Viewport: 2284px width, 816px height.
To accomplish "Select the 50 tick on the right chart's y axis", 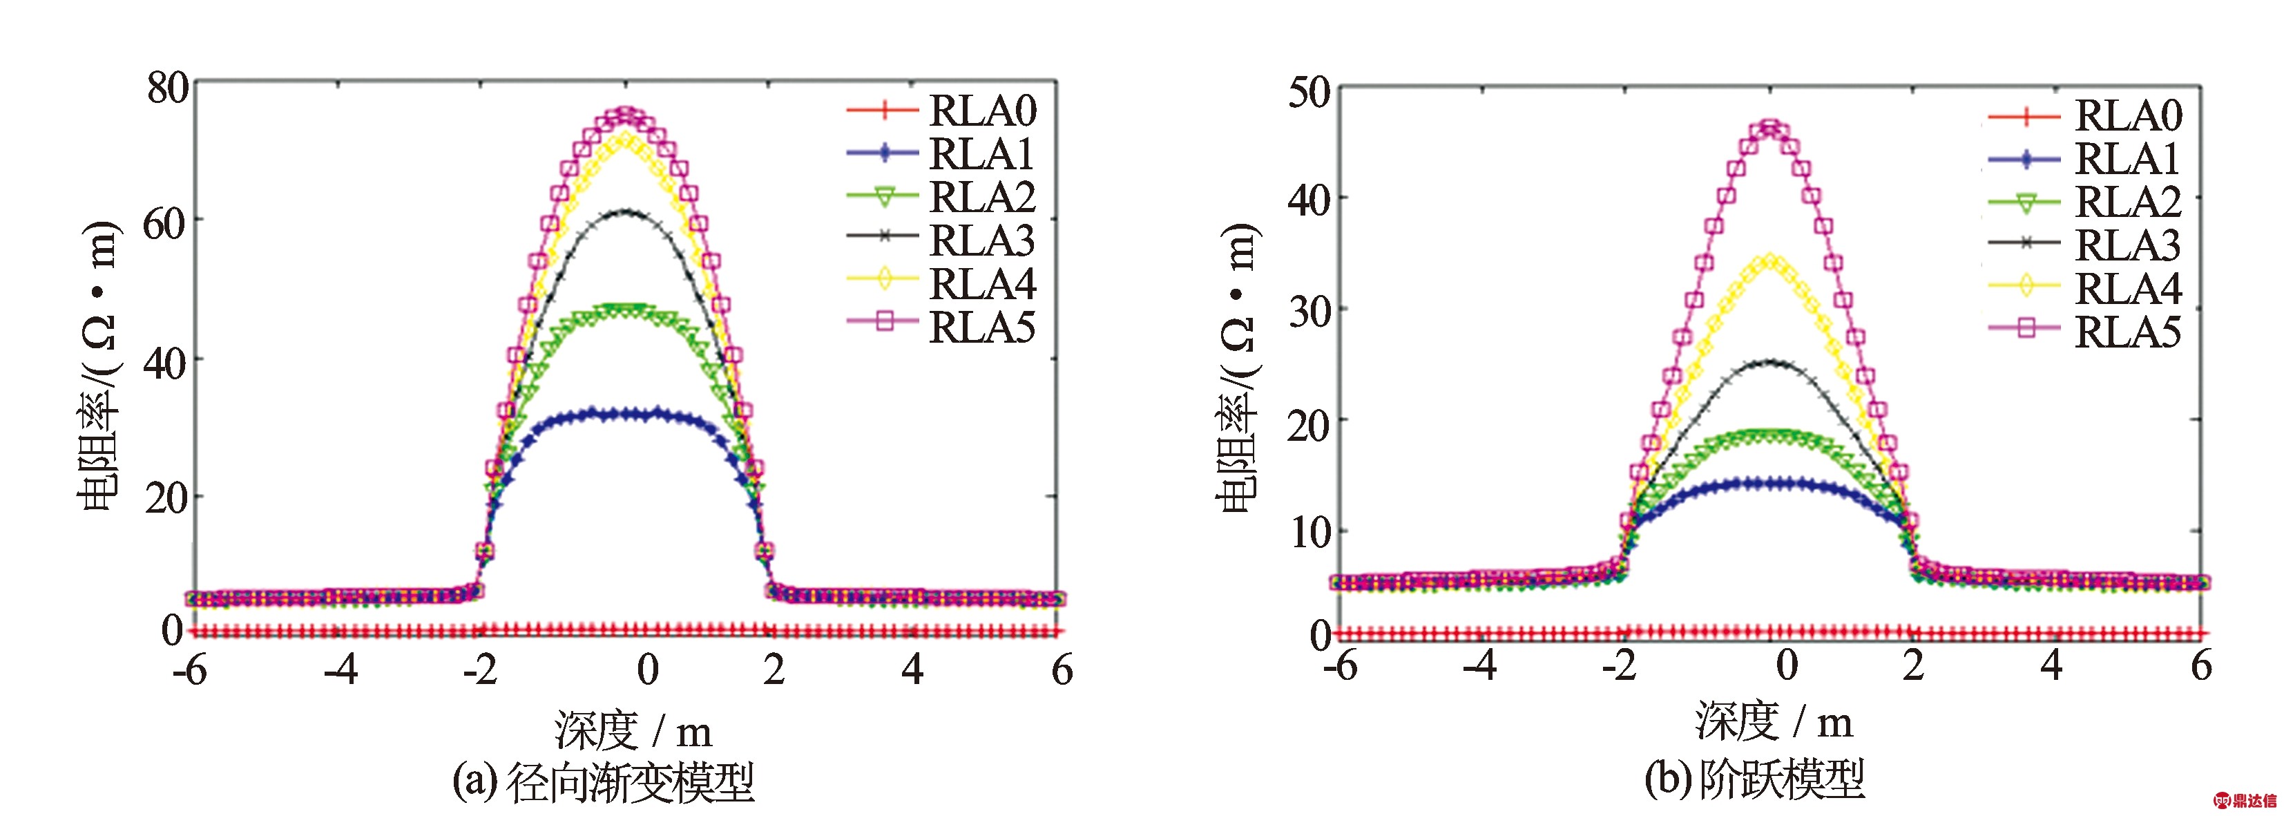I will pos(1309,93).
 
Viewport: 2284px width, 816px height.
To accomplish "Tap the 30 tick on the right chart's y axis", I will pos(1309,312).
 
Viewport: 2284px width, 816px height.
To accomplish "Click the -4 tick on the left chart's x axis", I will pos(340,670).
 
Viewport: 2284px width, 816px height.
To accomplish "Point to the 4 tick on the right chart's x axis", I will pos(2051,666).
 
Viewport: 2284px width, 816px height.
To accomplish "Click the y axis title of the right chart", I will pos(1238,368).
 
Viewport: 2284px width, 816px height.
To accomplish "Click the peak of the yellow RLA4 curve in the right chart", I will pos(1771,262).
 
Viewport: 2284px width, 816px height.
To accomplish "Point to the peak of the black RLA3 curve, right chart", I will pos(1771,362).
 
